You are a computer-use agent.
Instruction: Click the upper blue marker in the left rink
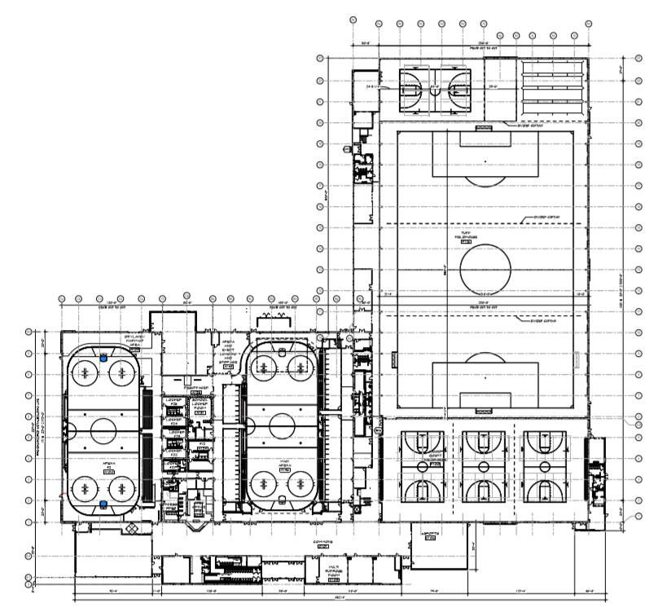(x=103, y=356)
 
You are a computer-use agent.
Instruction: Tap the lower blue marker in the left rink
(x=103, y=505)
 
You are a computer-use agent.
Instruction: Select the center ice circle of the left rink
(x=103, y=429)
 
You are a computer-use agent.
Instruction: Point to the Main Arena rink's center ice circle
(x=281, y=425)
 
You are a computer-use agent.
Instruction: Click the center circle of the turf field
(x=486, y=269)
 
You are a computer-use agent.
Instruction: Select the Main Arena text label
(x=285, y=466)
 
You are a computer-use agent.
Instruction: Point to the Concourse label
(x=323, y=543)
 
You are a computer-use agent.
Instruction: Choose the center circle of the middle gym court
(x=484, y=466)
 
